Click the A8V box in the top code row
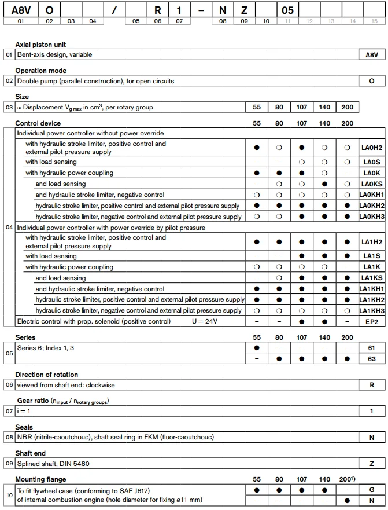(21, 10)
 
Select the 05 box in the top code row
(287, 10)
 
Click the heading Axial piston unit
(40, 45)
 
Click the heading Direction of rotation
(46, 375)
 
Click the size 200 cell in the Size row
(347, 107)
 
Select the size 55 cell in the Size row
(257, 107)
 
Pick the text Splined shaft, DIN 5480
(53, 464)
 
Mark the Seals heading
(25, 427)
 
